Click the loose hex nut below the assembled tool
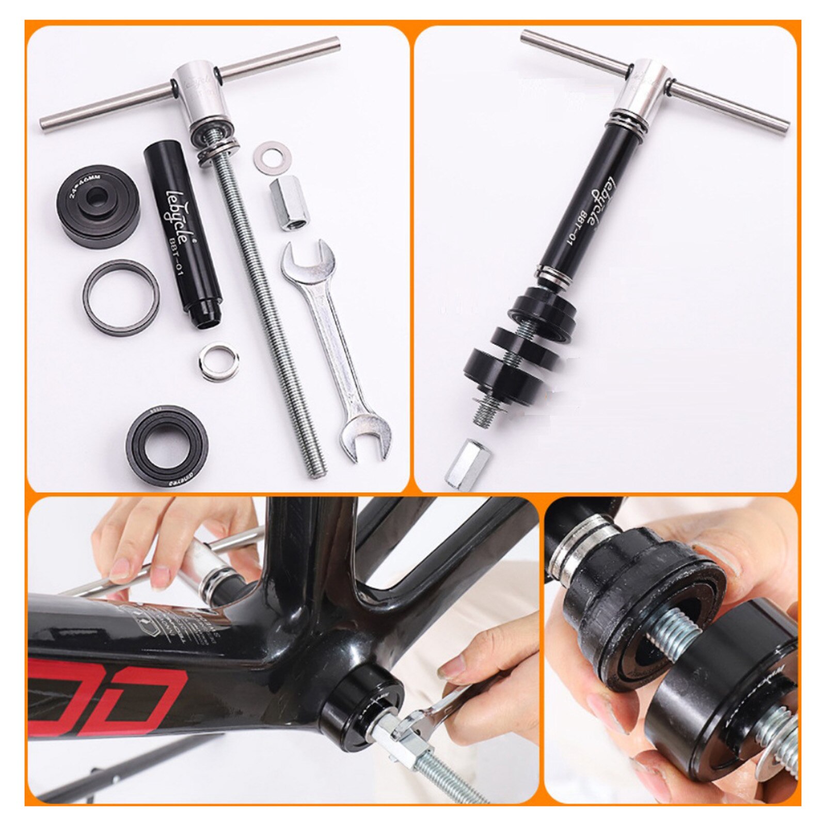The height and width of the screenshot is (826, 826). (467, 463)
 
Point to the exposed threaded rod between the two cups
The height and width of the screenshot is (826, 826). (676, 633)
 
